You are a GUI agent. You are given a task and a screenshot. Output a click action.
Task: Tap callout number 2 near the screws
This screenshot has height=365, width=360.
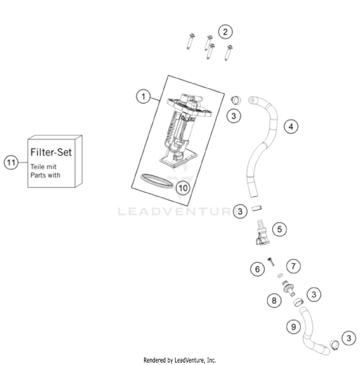pos(225,32)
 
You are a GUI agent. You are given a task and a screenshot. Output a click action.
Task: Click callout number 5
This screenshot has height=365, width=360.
pos(279,229)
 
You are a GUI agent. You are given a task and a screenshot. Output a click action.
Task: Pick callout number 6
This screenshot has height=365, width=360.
pos(257,269)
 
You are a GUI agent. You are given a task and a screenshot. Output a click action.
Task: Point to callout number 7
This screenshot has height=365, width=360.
pos(293,266)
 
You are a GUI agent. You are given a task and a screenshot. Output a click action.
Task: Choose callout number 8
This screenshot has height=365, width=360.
pos(274,301)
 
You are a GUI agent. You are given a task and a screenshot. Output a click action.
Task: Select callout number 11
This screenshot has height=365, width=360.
pos(11,162)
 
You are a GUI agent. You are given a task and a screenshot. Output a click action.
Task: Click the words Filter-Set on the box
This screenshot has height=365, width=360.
pos(51,153)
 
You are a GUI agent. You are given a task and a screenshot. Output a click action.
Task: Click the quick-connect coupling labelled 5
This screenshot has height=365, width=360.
pos(262,232)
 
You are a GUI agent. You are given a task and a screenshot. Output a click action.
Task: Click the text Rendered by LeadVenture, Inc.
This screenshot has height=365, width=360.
pos(180,360)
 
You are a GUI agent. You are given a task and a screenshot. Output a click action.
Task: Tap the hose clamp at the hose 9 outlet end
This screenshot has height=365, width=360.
pos(334,344)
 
